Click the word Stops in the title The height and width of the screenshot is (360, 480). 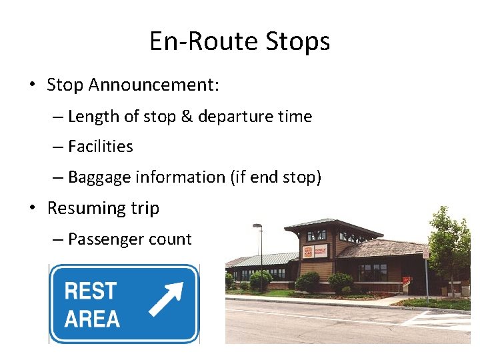(x=297, y=41)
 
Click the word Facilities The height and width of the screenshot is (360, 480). (x=100, y=147)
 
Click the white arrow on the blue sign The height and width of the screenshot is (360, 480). (x=165, y=299)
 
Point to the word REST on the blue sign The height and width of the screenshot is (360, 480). (x=90, y=291)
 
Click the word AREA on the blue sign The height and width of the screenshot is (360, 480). (x=92, y=319)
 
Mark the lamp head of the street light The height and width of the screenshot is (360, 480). (x=257, y=226)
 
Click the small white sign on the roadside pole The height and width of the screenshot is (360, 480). (x=425, y=255)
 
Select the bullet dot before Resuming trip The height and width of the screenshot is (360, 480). (x=32, y=208)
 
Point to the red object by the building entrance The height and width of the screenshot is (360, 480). (x=405, y=280)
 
